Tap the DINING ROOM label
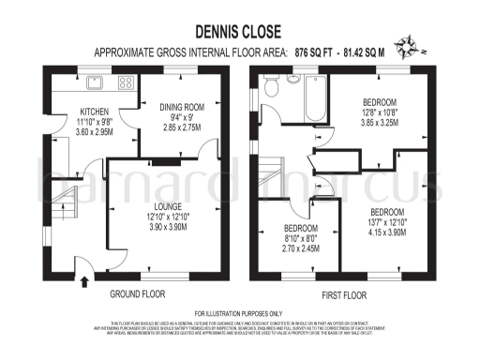[x=183, y=107]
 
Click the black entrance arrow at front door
[x=85, y=277]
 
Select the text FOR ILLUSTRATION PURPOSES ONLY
[x=238, y=312]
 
